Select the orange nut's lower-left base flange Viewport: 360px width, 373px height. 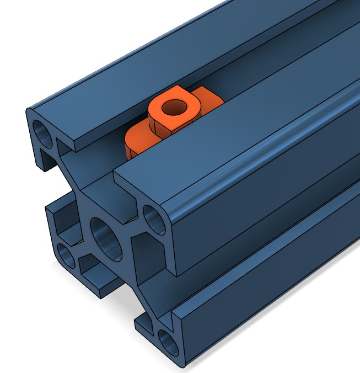pyautogui.click(x=138, y=141)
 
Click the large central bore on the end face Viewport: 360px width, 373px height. pyautogui.click(x=107, y=238)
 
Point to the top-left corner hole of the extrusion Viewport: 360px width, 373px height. pyautogui.click(x=44, y=132)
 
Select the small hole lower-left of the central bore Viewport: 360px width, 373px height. pyautogui.click(x=67, y=255)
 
